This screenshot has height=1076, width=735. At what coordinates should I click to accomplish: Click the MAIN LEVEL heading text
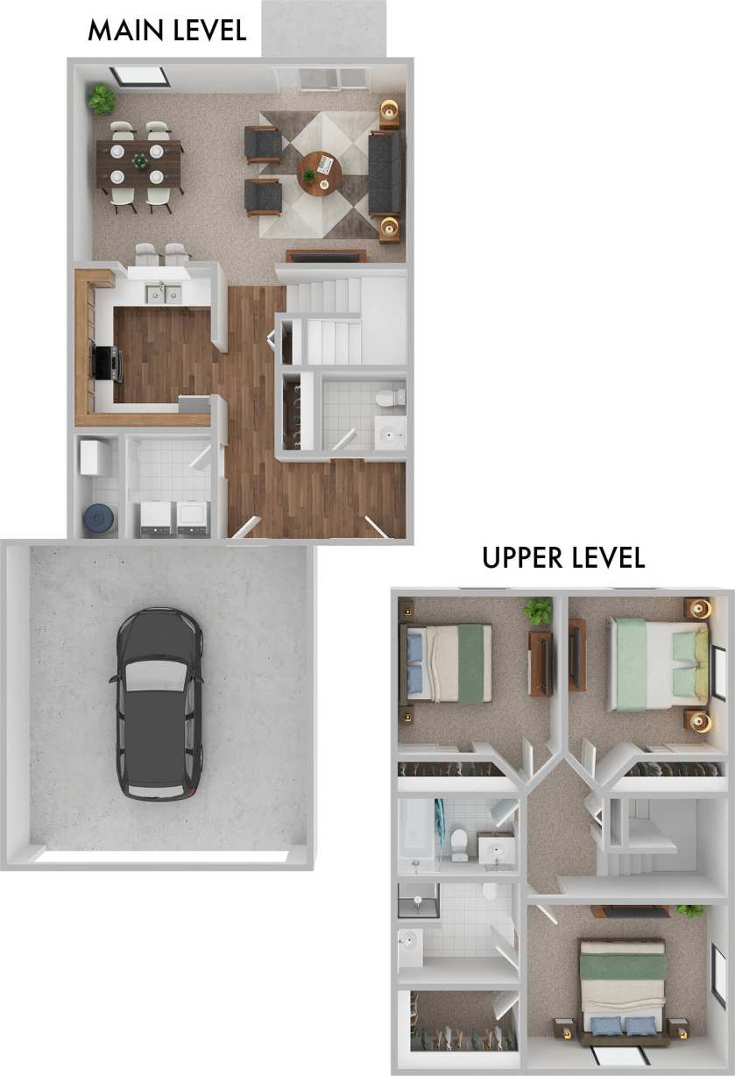tap(166, 31)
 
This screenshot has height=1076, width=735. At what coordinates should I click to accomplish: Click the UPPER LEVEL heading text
tap(563, 557)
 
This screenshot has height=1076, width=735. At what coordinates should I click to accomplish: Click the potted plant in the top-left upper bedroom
tap(536, 609)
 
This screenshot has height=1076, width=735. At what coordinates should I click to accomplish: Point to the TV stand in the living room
tap(325, 256)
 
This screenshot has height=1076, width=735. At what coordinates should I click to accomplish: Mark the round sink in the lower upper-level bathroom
tap(409, 943)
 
